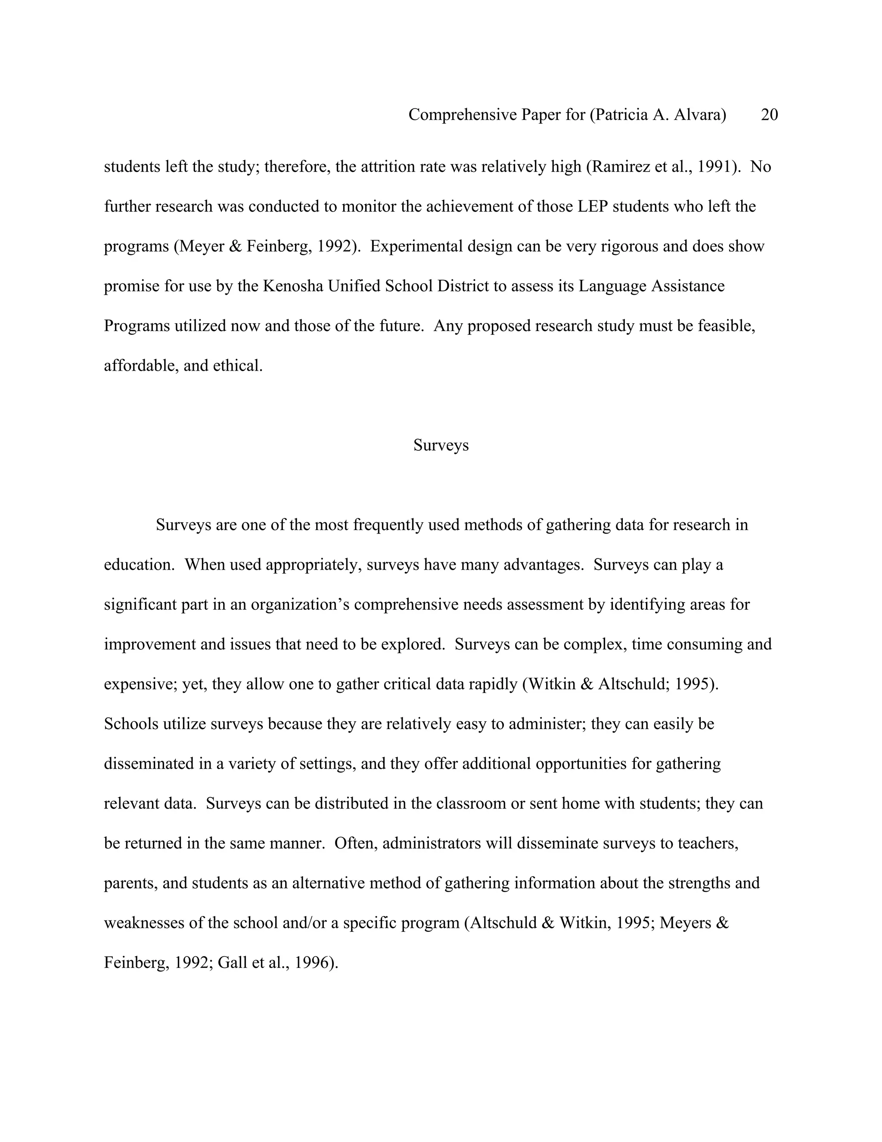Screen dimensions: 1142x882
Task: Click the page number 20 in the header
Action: coord(769,115)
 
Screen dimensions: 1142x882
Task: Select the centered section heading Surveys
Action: coord(441,445)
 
